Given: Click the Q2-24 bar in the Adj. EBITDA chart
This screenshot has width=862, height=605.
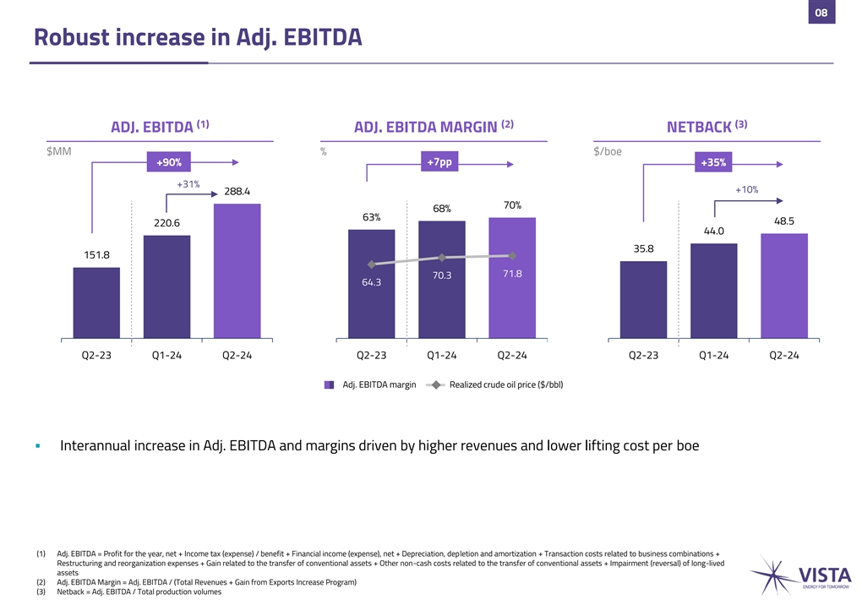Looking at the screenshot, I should pyautogui.click(x=237, y=271).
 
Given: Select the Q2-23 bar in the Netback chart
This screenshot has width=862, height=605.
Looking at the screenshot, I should pyautogui.click(x=643, y=300).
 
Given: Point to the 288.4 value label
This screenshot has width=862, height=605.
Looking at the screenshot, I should pyautogui.click(x=237, y=192).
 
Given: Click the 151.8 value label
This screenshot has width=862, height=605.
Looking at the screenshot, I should pyautogui.click(x=95, y=255).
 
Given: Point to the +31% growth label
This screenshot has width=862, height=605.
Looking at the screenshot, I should pyautogui.click(x=188, y=184).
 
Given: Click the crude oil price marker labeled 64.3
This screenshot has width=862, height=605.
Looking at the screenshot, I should pyautogui.click(x=371, y=264).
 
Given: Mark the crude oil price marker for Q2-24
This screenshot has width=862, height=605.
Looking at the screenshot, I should pyautogui.click(x=512, y=255).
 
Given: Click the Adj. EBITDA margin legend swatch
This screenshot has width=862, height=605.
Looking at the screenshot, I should pyautogui.click(x=330, y=385).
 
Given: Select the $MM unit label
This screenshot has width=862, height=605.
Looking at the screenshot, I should pyautogui.click(x=58, y=152).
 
